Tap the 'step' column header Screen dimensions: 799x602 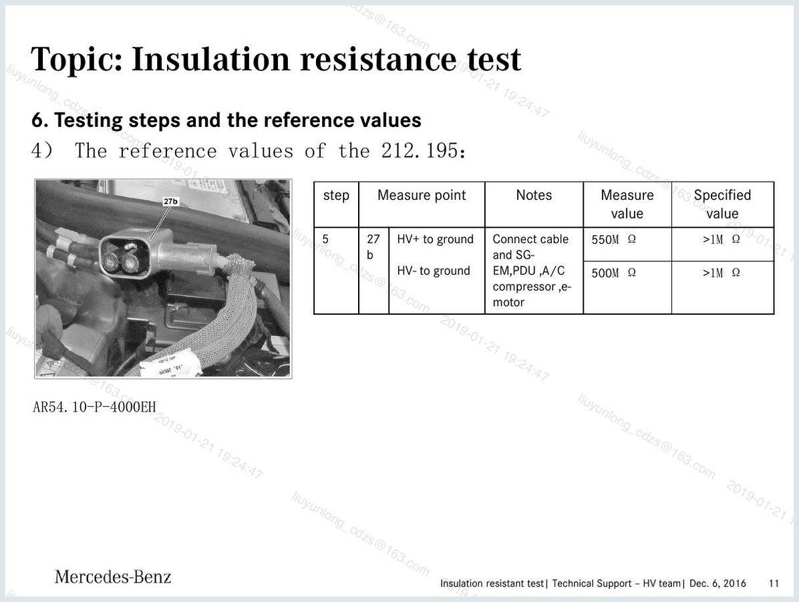pyautogui.click(x=336, y=195)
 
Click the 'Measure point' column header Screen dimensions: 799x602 pyautogui.click(x=422, y=195)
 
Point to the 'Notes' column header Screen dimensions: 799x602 pyautogui.click(x=534, y=195)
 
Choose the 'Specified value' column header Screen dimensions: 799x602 pyautogui.click(x=722, y=204)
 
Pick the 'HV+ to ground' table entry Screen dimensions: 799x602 pyautogui.click(x=435, y=239)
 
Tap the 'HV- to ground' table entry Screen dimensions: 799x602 pyautogui.click(x=433, y=271)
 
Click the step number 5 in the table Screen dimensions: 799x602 pyautogui.click(x=325, y=239)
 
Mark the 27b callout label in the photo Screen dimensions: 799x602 pyautogui.click(x=171, y=201)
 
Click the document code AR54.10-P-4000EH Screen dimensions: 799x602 pyautogui.click(x=94, y=407)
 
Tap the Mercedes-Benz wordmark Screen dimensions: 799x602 pyautogui.click(x=113, y=577)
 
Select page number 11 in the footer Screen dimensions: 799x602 pyautogui.click(x=774, y=583)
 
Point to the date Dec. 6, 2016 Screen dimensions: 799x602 pyautogui.click(x=717, y=583)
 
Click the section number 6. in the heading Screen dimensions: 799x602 pyautogui.click(x=39, y=120)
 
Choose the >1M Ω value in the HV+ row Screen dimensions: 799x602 pyautogui.click(x=721, y=239)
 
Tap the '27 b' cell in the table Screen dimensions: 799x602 pyautogui.click(x=373, y=247)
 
